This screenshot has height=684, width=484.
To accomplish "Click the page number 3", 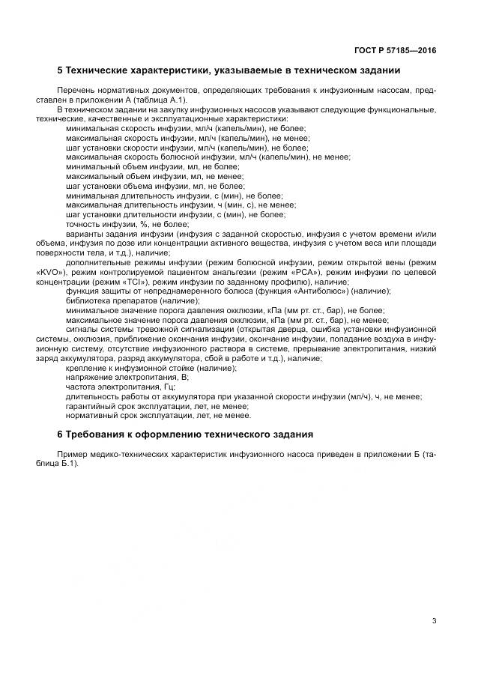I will point(435,620).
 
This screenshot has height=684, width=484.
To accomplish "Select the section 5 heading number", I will point(61,70).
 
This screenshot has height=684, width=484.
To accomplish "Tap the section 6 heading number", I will point(61,435).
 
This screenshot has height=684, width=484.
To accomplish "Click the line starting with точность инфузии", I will point(127,223).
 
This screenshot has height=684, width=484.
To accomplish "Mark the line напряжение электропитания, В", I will point(124,378).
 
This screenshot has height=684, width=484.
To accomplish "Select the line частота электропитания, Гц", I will point(121,387).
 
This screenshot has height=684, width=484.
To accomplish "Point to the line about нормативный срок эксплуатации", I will point(158,416).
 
